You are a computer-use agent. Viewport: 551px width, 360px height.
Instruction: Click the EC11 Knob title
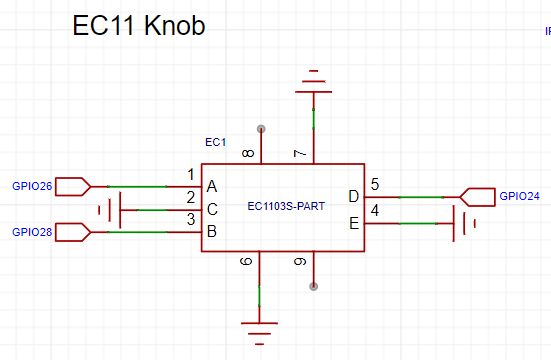pos(139,25)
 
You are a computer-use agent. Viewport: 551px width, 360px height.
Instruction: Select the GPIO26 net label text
pos(32,186)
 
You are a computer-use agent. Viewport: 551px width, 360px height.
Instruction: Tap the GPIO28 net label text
pos(32,232)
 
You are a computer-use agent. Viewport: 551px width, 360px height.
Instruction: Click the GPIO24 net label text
pos(519,196)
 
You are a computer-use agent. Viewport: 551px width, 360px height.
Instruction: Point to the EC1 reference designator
pos(215,142)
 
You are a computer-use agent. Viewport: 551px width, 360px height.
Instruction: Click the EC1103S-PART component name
pos(286,206)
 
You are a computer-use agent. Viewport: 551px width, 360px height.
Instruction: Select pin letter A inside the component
pos(212,187)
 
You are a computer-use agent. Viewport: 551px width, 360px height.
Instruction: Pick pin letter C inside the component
pos(212,210)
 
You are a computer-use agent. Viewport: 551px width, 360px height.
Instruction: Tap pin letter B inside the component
pos(212,231)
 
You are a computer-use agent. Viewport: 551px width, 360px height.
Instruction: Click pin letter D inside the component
pos(354,196)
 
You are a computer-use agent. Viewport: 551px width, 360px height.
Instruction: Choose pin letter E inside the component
pos(354,224)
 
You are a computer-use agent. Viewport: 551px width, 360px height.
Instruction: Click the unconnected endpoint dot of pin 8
pos(261,129)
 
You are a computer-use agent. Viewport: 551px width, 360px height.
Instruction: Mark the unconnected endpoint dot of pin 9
pos(313,287)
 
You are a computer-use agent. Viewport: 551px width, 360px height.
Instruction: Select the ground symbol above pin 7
pos(313,82)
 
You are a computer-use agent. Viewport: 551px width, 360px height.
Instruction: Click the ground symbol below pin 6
pos(259,333)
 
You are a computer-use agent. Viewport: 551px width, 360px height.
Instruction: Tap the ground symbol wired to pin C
pos(110,210)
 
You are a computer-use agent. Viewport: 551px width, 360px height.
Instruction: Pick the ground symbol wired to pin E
pos(464,224)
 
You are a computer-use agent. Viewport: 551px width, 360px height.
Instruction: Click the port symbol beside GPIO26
pos(73,186)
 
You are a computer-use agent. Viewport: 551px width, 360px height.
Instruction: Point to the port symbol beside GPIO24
pos(478,197)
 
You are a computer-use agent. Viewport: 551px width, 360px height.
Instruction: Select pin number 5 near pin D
pos(375,184)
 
